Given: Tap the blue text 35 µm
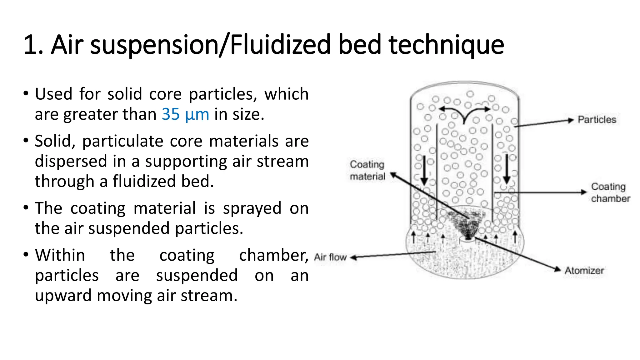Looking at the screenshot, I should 185,114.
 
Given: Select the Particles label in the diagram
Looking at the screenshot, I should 597,119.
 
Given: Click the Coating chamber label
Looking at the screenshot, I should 610,192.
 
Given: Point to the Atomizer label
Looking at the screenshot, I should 584,270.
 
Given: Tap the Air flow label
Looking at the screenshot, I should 330,257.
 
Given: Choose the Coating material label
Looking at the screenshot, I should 367,170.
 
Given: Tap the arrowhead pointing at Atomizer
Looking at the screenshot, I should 557,269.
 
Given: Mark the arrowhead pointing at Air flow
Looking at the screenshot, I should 353,257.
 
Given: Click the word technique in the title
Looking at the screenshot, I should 446,45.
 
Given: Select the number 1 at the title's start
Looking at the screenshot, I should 31,45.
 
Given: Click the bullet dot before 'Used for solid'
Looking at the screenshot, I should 26,93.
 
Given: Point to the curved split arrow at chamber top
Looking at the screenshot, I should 464,113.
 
